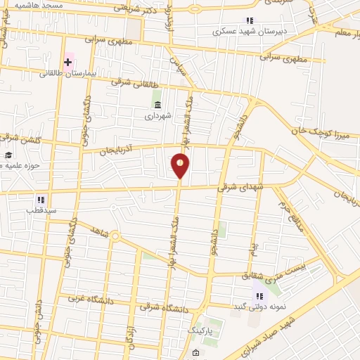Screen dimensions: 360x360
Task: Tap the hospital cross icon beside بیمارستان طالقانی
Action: tap(68, 63)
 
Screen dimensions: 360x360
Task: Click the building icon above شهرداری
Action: tap(157, 105)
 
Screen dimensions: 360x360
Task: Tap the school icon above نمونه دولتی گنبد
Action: tap(259, 296)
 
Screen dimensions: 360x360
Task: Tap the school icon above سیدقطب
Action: tap(41, 200)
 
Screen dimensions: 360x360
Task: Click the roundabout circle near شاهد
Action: tap(115, 236)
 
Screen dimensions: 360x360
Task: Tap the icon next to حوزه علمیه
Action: tap(8, 156)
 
